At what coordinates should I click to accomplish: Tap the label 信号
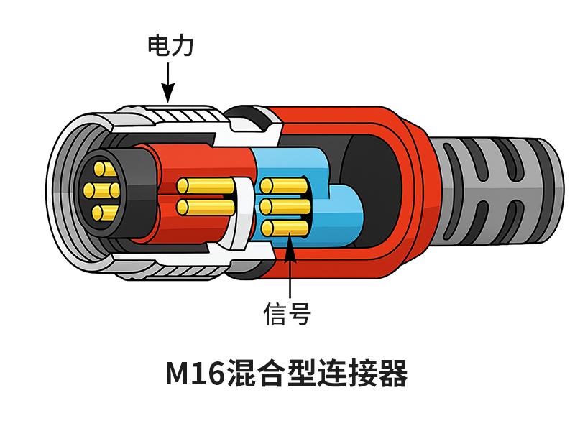click(287, 314)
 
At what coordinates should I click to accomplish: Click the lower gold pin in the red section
click(205, 208)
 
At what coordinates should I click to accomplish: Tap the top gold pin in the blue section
click(284, 185)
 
